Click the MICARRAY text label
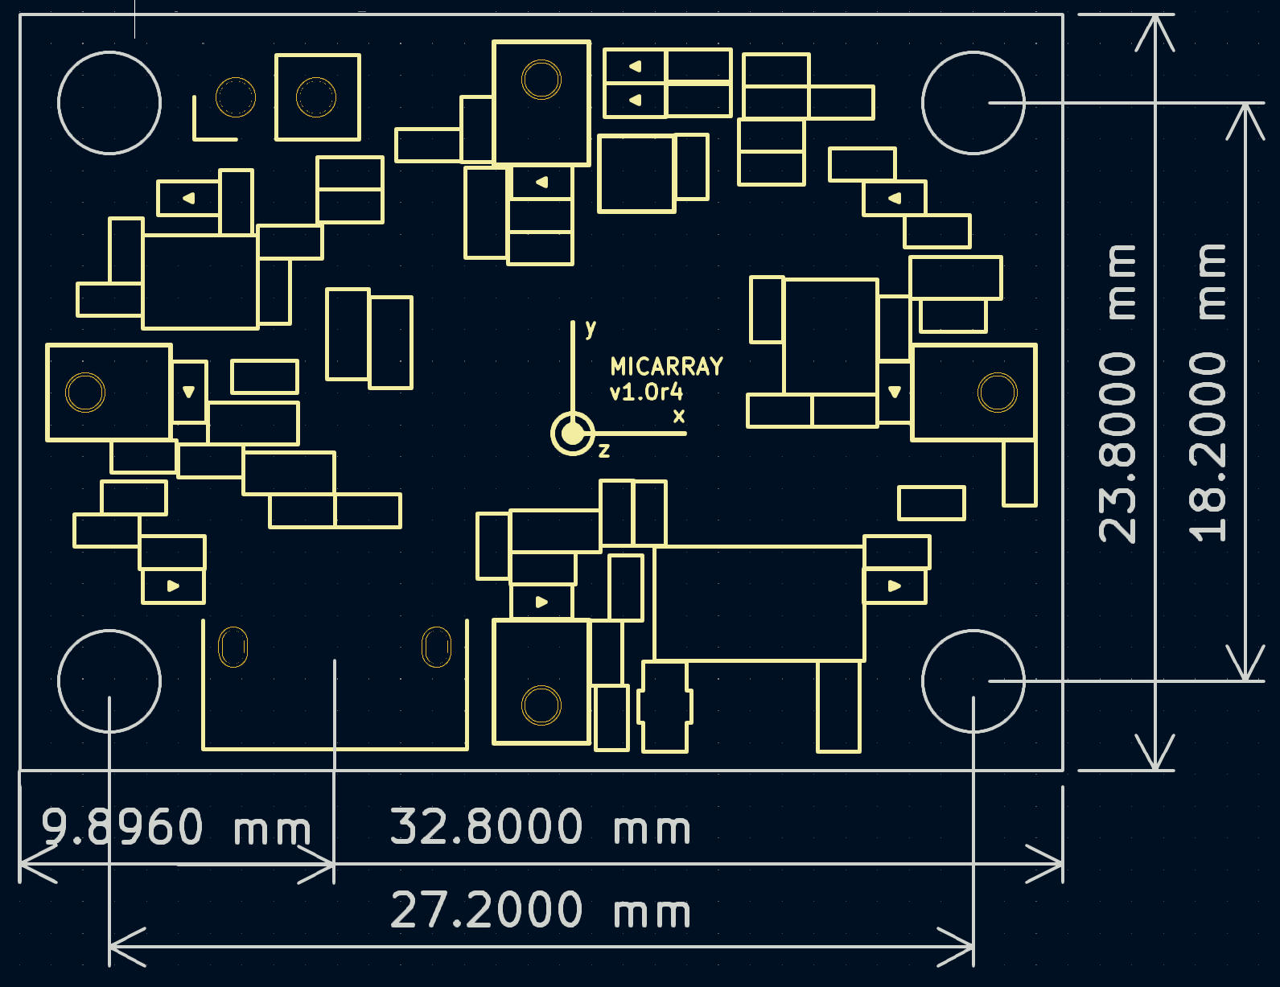pyautogui.click(x=666, y=367)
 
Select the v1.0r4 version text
pyautogui.click(x=646, y=393)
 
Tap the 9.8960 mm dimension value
pyautogui.click(x=175, y=827)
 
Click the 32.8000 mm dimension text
pyautogui.click(x=540, y=827)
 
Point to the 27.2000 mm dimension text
pyautogui.click(x=540, y=911)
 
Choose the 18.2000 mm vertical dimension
pyautogui.click(x=1208, y=393)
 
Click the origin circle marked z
pyautogui.click(x=572, y=434)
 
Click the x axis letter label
pyautogui.click(x=679, y=417)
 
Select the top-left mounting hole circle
pyautogui.click(x=109, y=103)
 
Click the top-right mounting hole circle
pyautogui.click(x=973, y=103)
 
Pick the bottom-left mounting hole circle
pyautogui.click(x=109, y=681)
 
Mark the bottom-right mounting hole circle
pyautogui.click(x=973, y=681)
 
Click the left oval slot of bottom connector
pyautogui.click(x=233, y=647)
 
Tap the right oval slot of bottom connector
pyautogui.click(x=436, y=647)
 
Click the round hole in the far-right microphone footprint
pyautogui.click(x=997, y=393)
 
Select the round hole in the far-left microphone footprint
pyautogui.click(x=85, y=393)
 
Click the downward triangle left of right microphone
pyautogui.click(x=895, y=392)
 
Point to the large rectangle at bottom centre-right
pyautogui.click(x=759, y=603)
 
